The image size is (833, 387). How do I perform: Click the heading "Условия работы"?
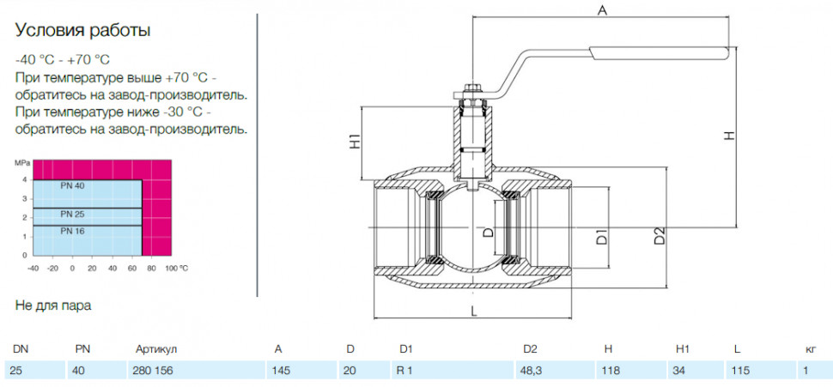[x=82, y=31]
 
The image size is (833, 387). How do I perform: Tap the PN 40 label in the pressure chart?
[x=72, y=185]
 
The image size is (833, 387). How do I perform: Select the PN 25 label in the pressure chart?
[x=72, y=214]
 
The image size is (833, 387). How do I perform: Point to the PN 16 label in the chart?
[x=72, y=231]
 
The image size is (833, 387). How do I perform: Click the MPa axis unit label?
[x=22, y=162]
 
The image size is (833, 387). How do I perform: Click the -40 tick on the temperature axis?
[x=33, y=269]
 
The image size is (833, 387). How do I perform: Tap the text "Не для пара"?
[x=52, y=305]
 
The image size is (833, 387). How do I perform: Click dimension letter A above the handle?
[x=602, y=11]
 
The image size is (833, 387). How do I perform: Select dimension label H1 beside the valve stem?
[x=355, y=141]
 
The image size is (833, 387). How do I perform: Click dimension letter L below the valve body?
[x=474, y=311]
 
